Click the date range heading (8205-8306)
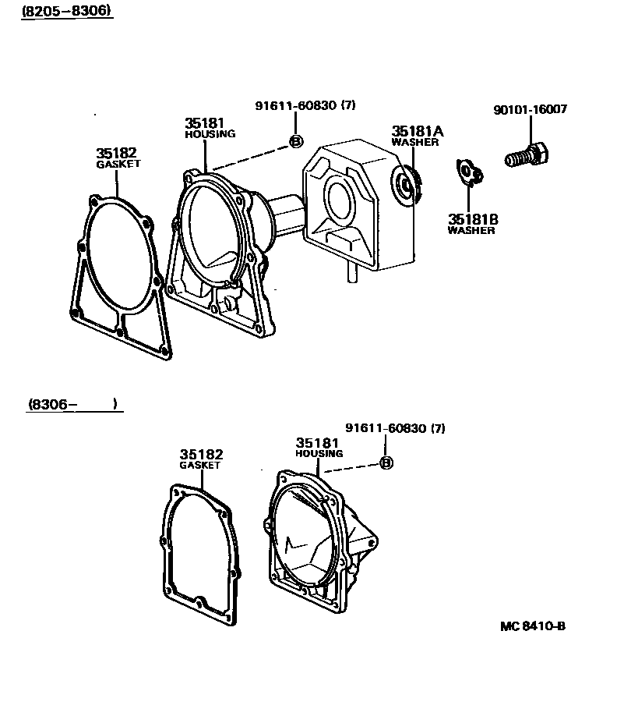click(x=66, y=11)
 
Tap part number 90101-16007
click(x=530, y=110)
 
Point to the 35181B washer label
click(x=472, y=220)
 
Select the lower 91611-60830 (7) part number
click(x=395, y=428)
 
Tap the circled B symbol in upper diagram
click(x=296, y=141)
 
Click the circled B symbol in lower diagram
click(x=386, y=463)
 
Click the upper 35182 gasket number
click(x=117, y=154)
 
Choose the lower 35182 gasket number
click(x=201, y=455)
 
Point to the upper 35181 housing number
click(x=205, y=123)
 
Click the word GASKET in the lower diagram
click(x=201, y=466)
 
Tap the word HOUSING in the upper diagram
click(x=210, y=134)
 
